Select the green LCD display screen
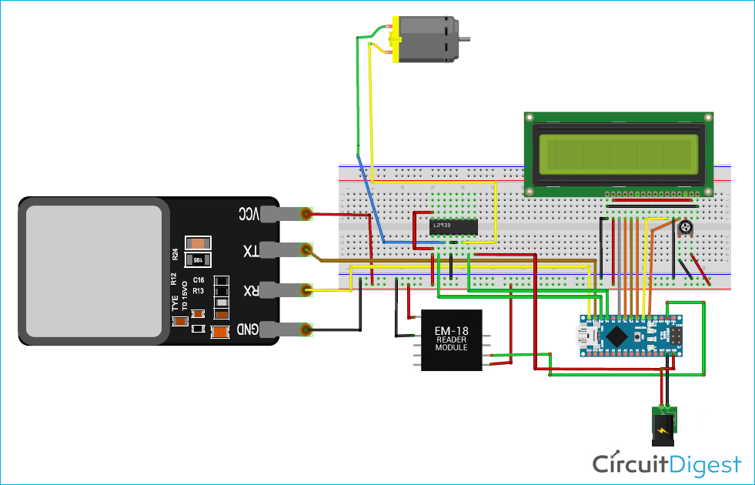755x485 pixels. click(619, 152)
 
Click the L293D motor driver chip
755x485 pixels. click(453, 226)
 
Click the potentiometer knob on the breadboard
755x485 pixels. click(684, 228)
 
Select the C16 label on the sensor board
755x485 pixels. click(198, 279)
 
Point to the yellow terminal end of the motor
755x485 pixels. click(396, 39)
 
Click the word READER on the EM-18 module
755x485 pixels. click(451, 339)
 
